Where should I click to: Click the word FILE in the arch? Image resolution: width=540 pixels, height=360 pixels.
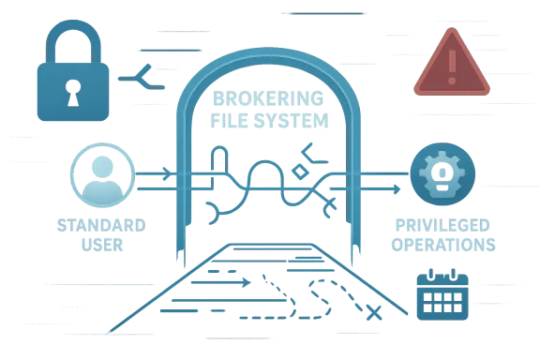pyautogui.click(x=236, y=122)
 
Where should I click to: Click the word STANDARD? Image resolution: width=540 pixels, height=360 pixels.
pyautogui.click(x=101, y=226)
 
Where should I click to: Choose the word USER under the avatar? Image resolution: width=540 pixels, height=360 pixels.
pyautogui.click(x=101, y=247)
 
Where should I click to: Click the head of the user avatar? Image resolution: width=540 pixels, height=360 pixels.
pyautogui.click(x=101, y=167)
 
